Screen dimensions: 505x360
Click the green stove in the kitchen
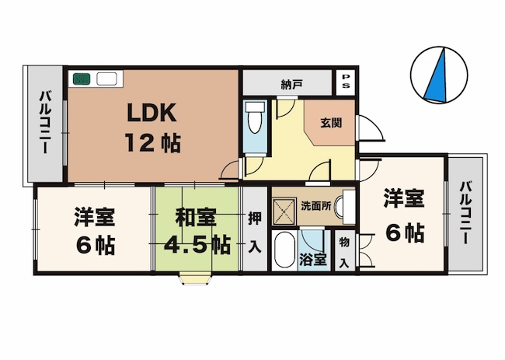pos(81,79)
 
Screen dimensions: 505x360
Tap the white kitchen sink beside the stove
pos(106,79)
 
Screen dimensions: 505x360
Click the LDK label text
pos(152,113)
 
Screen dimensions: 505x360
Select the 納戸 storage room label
pos(292,85)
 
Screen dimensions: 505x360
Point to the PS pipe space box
pos(346,82)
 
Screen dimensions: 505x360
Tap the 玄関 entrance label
pos(331,123)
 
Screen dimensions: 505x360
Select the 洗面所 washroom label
pos(316,206)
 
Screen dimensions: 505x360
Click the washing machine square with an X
pos(284,211)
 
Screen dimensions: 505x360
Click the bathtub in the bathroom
pos(284,250)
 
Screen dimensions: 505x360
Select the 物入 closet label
pos(344,252)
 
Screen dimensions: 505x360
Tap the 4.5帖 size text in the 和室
pos(197,246)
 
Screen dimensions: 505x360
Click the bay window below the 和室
pos(196,280)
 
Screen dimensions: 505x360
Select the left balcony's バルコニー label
pos(45,122)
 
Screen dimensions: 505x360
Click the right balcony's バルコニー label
pos(465,213)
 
